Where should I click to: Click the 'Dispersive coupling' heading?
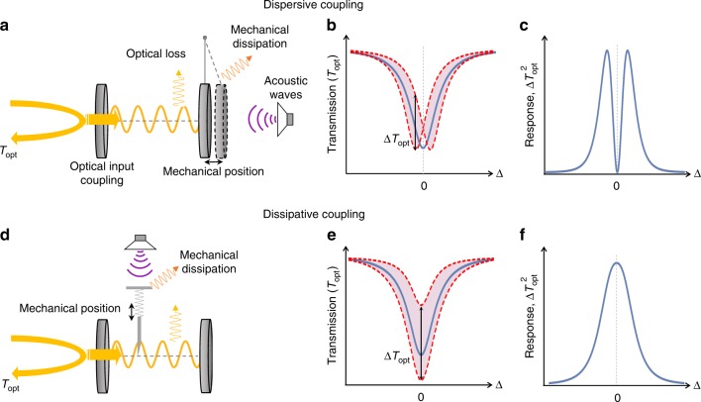[x=350, y=7]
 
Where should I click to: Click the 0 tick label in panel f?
[x=616, y=393]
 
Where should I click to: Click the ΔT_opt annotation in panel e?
[x=394, y=351]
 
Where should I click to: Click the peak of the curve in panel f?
[x=616, y=262]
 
